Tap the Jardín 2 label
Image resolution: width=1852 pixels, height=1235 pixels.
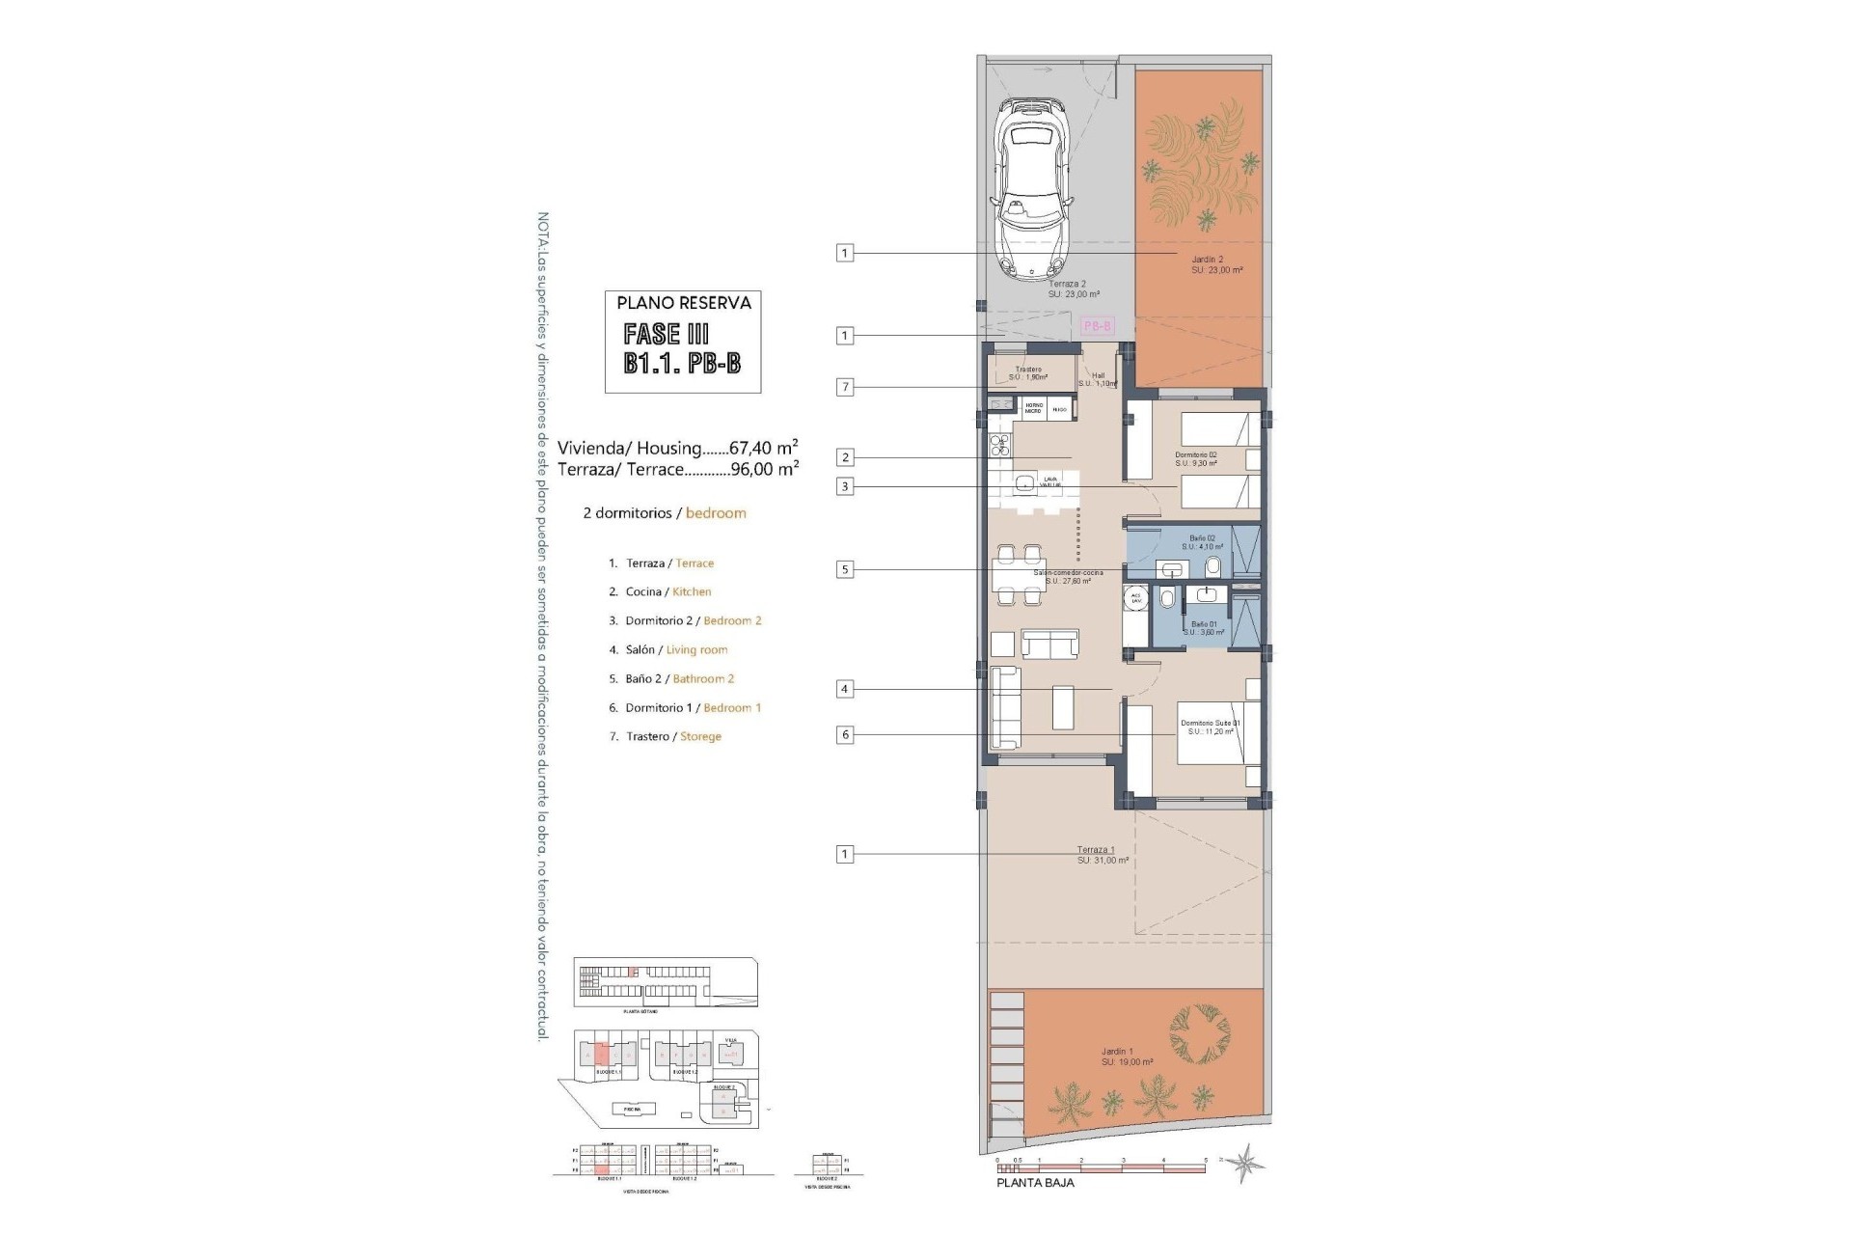1208,259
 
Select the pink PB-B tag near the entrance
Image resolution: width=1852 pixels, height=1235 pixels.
1097,326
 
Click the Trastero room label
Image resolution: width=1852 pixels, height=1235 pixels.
1028,370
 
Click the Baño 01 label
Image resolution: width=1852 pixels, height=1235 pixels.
1204,624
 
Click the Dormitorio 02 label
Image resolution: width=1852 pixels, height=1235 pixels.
1196,454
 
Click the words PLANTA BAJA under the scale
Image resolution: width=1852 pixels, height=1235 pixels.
1035,1182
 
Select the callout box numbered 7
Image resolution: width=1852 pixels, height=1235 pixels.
845,387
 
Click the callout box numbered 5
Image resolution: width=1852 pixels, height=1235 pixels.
845,569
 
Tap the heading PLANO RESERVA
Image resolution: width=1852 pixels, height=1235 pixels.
684,303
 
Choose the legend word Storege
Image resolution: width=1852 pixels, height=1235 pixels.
700,736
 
